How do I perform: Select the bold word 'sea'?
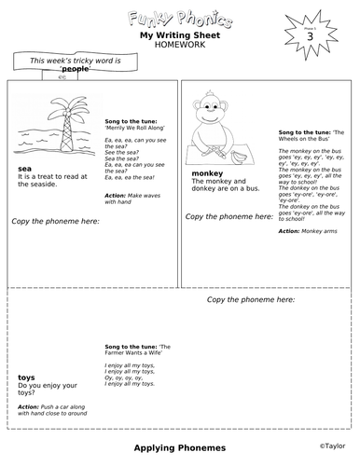coord(25,169)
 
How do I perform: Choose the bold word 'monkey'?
coord(206,173)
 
